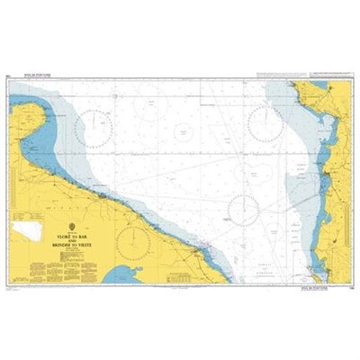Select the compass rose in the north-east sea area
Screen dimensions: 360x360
(266, 123)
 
